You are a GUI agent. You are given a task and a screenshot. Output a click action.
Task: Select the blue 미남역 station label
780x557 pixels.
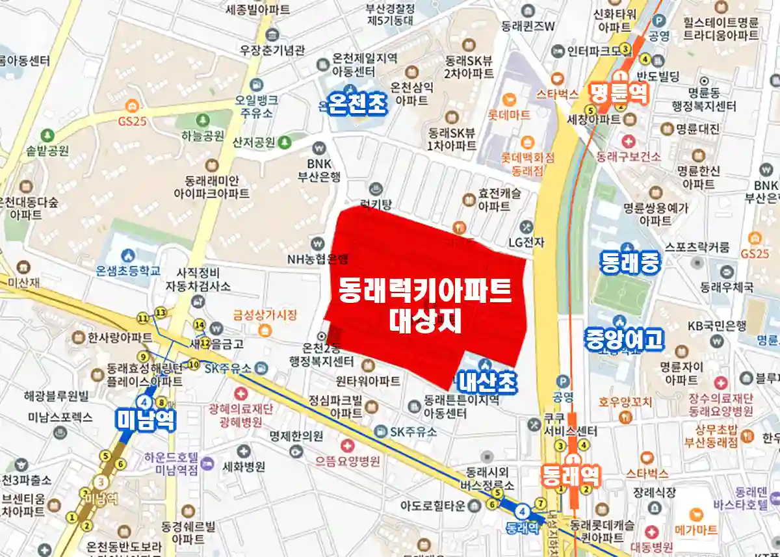tap(146, 420)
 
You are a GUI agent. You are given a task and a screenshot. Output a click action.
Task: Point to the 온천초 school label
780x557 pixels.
tap(357, 103)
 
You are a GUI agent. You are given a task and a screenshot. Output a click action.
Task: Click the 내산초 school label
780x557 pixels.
tap(487, 382)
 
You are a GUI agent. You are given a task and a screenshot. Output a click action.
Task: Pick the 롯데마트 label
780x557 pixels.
tap(510, 115)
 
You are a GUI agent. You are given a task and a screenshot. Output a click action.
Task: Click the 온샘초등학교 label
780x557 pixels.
tap(127, 270)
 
